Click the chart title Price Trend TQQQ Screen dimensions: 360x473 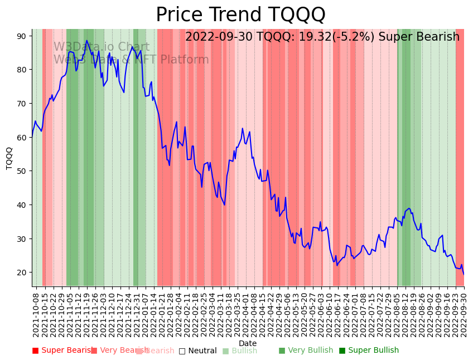click(240, 14)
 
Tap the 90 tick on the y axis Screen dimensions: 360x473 click(22, 36)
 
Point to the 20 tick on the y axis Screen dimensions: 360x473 click(22, 273)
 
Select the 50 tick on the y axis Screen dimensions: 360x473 click(22, 171)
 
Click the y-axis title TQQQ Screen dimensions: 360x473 click(9, 158)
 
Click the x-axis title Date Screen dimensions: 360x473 click(248, 343)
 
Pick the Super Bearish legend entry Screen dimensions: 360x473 click(62, 351)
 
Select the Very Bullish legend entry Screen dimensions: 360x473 click(306, 351)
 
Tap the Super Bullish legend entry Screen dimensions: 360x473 click(369, 351)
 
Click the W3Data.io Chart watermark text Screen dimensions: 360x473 click(101, 47)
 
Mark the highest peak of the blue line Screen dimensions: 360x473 click(86, 41)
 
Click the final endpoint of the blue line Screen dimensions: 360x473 click(464, 274)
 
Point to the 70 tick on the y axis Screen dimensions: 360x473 click(22, 104)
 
